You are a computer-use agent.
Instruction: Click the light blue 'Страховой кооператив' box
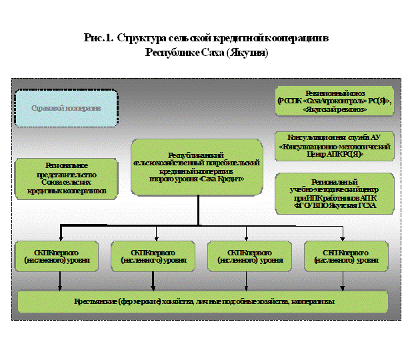point(65,108)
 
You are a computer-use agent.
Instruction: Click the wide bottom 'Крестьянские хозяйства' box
point(203,302)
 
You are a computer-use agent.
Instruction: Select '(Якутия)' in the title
point(246,52)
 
